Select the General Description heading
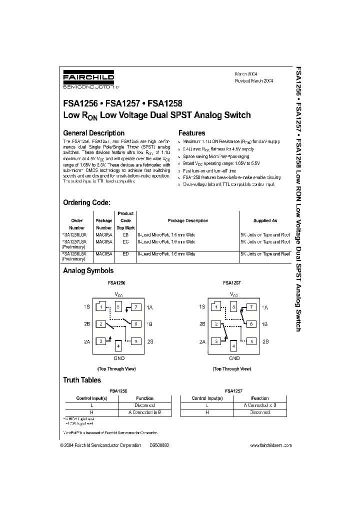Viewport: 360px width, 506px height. [x=93, y=133]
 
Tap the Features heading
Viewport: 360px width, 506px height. [x=191, y=133]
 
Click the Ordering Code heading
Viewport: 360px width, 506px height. [x=86, y=202]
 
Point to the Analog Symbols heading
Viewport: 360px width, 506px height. [x=88, y=270]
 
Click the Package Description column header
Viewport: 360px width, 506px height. [x=187, y=220]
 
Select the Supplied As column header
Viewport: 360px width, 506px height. [x=265, y=220]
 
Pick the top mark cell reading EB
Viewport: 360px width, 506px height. [x=125, y=234]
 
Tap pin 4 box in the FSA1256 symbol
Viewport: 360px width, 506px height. [x=118, y=345]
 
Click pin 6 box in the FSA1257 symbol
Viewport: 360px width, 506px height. [x=252, y=324]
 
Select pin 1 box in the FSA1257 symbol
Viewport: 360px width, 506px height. [x=216, y=306]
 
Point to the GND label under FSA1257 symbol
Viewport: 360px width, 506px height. [x=234, y=358]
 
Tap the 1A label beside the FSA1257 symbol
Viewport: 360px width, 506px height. [x=265, y=306]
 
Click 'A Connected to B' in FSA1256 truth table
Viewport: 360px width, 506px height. [x=144, y=412]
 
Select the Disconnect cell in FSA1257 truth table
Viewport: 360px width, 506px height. [x=260, y=412]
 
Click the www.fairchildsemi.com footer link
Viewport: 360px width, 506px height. [x=270, y=445]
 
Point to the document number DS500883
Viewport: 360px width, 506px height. [x=159, y=445]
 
